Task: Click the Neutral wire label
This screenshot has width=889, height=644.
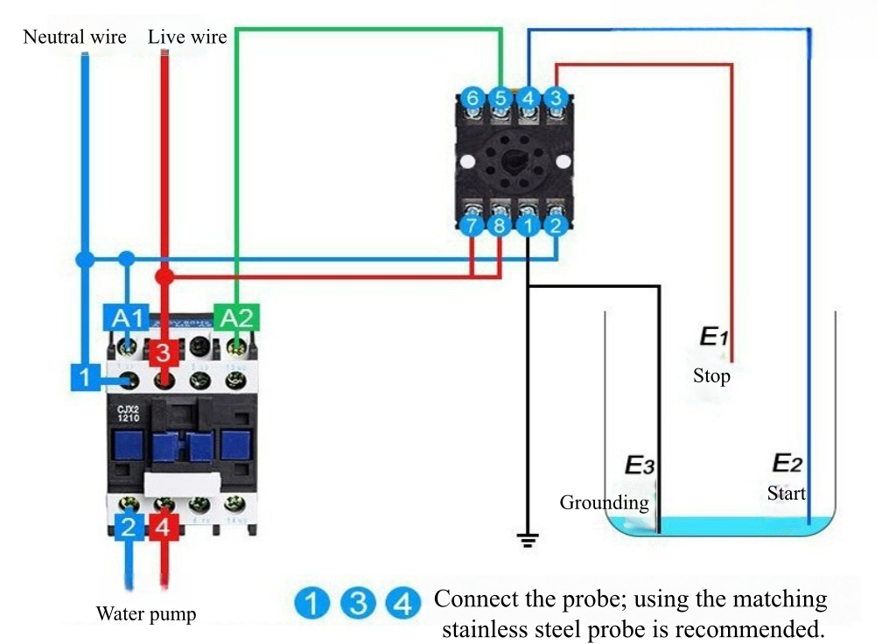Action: (74, 37)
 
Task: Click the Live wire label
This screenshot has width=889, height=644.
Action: (187, 37)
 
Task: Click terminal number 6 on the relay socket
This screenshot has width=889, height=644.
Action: (472, 98)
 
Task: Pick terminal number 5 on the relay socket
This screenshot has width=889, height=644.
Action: (500, 98)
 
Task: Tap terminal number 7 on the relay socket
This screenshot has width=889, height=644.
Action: (472, 227)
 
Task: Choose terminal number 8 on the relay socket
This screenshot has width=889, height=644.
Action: (500, 227)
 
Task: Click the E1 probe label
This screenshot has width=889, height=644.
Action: (713, 336)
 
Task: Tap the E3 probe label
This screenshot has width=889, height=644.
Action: (639, 465)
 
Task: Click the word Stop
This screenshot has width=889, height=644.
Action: (711, 376)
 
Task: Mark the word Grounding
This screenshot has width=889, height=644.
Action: (604, 502)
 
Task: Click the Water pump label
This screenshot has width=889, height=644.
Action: (146, 613)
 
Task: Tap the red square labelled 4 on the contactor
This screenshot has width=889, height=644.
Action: (163, 527)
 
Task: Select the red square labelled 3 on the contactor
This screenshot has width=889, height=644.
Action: (163, 353)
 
